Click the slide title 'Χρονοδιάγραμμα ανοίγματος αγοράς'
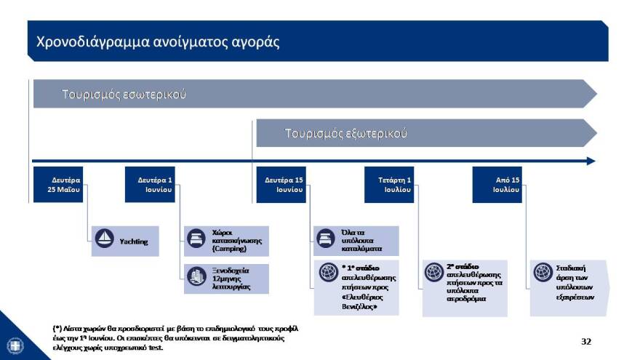coord(157,41)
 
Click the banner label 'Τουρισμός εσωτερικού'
coord(124,95)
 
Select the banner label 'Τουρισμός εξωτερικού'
coord(345,134)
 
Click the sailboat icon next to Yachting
coord(105,240)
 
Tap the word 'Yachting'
coord(133,241)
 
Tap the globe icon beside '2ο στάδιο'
coord(434,273)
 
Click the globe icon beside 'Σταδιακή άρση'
coord(542,272)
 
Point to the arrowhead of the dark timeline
coord(591,161)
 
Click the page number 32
coord(586,340)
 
